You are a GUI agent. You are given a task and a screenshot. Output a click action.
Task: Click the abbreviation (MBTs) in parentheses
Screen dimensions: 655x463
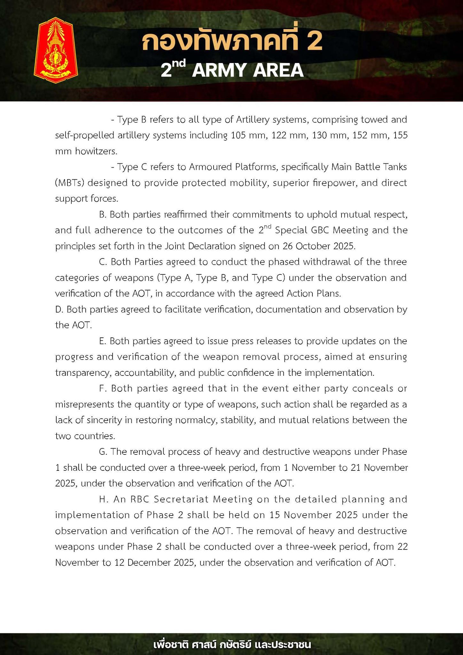[x=70, y=183]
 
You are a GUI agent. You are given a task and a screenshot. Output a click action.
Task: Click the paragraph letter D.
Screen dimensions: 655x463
[x=59, y=310]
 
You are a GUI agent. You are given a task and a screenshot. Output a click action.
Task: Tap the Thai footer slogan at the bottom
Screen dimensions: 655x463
[x=232, y=644]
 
